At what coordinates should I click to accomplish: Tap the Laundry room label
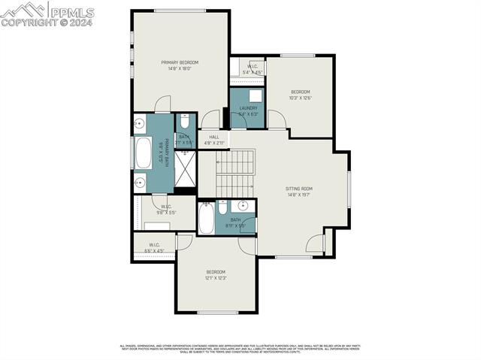pos(249,108)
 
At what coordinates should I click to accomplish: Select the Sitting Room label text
pos(298,189)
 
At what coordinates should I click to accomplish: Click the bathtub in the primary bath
pos(143,153)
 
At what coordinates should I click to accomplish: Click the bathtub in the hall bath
pos(207,219)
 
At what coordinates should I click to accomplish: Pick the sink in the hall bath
pos(243,206)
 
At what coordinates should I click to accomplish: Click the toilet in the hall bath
pos(223,207)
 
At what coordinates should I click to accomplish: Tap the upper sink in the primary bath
pos(140,124)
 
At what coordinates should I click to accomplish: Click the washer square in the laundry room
pos(256,95)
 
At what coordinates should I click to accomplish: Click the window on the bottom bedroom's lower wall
pos(217,312)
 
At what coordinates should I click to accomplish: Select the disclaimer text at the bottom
pos(240,349)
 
